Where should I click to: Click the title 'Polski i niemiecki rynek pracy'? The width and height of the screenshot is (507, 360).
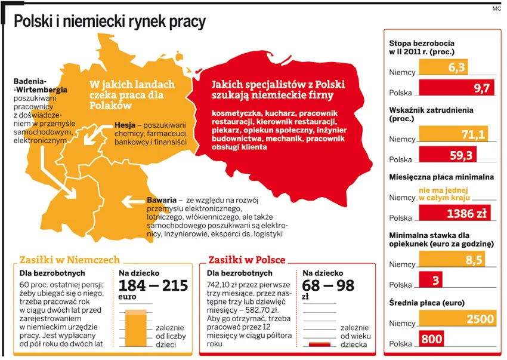coord(109,21)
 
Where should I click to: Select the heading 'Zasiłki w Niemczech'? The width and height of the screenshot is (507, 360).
coord(70,260)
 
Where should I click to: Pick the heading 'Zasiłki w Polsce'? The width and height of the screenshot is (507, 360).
coord(246,260)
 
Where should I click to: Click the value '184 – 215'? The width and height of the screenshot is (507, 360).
coord(153,285)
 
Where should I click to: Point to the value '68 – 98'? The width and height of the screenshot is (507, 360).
coord(328,285)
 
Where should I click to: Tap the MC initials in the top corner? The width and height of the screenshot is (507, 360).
coord(496,8)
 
